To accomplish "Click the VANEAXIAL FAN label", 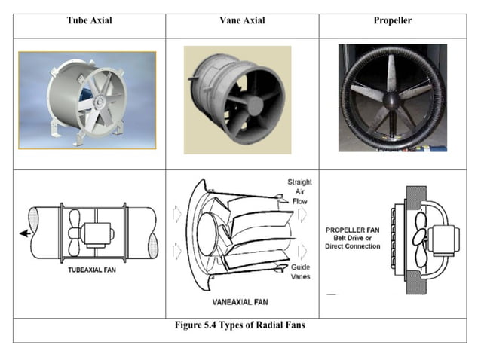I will coord(240,301).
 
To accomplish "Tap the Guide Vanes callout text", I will coord(300,272).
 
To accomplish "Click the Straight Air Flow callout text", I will coord(299,193).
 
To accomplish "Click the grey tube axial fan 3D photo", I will coord(87,99).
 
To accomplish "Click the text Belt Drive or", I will coord(354,237).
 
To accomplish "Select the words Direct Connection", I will coord(354,246).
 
